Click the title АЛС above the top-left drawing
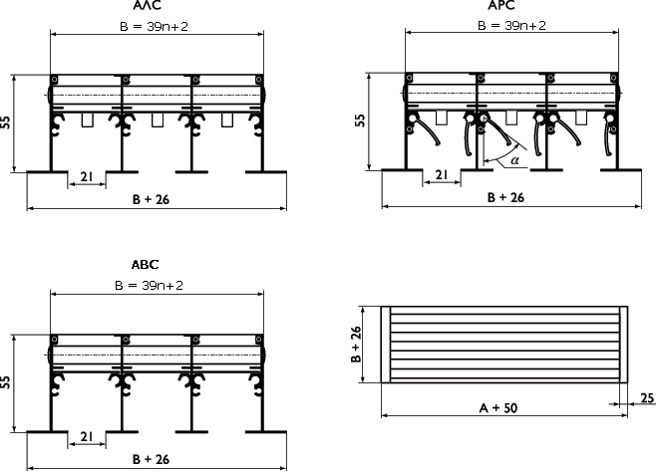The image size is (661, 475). pos(148,5)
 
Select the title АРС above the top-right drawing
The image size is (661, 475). pos(501,5)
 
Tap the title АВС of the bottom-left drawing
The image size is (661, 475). pos(145,265)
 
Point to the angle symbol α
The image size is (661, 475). pos(514,160)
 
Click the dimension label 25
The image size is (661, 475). pos(647,397)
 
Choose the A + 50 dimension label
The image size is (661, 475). pos(498,407)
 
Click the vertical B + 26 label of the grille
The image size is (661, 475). pos(356,345)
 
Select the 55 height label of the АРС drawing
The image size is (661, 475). pos(360,120)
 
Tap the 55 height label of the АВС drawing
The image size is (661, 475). pos(5,382)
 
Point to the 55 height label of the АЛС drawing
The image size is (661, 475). pos(5,122)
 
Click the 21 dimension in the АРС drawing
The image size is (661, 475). pos(442,174)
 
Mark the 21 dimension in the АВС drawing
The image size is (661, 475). pos(87,437)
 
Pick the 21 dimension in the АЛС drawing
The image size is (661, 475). pos(87,177)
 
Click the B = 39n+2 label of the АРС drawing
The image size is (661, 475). pos(511,25)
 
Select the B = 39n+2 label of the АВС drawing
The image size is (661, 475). pos(149,286)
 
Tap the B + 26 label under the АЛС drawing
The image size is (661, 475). pos(151,199)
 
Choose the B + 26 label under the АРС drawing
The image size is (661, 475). pos(505,197)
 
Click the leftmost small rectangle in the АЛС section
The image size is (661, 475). pos(88,120)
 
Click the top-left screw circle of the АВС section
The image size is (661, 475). pos(55,339)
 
